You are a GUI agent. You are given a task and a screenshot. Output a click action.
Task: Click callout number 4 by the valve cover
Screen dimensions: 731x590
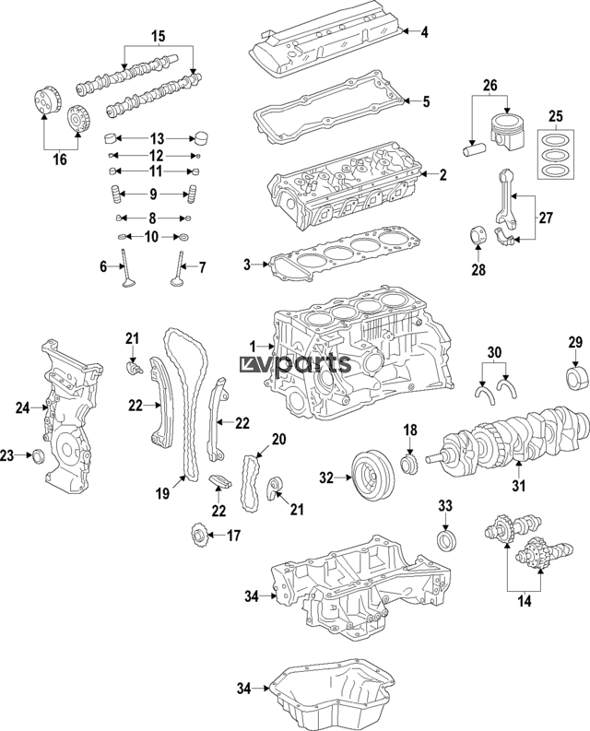click(x=425, y=32)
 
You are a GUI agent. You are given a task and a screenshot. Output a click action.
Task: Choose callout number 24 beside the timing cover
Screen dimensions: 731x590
click(x=23, y=406)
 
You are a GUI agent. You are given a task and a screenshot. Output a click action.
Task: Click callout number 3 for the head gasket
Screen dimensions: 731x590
click(x=247, y=265)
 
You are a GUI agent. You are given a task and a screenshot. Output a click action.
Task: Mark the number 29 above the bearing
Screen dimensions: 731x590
click(x=575, y=343)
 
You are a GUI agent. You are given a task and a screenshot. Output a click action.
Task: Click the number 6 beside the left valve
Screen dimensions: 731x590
click(x=104, y=266)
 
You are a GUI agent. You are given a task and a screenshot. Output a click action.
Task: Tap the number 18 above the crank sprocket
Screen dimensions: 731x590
click(x=410, y=430)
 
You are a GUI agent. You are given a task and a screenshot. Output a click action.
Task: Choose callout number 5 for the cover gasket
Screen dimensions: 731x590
click(x=425, y=101)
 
